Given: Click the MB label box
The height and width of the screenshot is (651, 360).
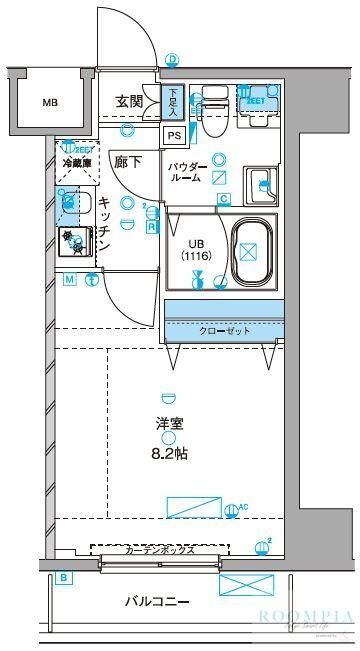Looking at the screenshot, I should coord(49,102).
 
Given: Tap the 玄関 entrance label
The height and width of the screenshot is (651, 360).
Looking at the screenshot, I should coord(129,101).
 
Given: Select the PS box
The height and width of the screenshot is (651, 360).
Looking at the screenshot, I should coord(174,136).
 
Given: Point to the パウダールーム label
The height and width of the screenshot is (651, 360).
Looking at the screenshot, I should coord(186,171).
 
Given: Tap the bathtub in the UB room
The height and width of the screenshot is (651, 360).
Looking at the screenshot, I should coord(252,253).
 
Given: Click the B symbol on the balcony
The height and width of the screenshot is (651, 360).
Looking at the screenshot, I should coord(64,578).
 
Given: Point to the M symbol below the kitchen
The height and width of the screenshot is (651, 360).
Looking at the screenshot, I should coord(69,279).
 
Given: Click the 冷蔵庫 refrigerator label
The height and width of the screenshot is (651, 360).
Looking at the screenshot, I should coord(76,162).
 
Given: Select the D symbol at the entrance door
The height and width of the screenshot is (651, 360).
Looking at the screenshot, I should coord(172,60).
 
